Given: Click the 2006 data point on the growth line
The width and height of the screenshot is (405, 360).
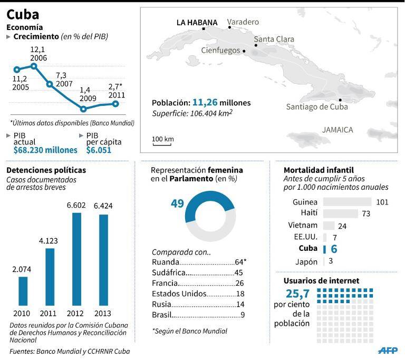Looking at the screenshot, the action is pyautogui.click(x=34, y=66).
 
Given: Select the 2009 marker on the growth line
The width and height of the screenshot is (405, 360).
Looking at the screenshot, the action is pyautogui.click(x=83, y=109).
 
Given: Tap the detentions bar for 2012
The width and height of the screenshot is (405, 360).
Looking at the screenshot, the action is pyautogui.click(x=76, y=259).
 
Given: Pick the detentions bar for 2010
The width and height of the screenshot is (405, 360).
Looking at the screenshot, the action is pyautogui.click(x=23, y=291).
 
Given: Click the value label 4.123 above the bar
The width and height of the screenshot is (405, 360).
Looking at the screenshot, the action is pyautogui.click(x=49, y=241).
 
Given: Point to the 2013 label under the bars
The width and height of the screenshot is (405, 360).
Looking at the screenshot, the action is pyautogui.click(x=102, y=313).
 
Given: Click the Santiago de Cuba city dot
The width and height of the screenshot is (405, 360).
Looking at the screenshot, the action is pyautogui.click(x=340, y=100).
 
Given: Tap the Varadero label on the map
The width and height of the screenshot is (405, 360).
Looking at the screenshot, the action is pyautogui.click(x=243, y=22).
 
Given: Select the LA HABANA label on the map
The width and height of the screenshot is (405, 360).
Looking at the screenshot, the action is pyautogui.click(x=197, y=23).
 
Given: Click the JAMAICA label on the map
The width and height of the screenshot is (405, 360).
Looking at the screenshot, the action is pyautogui.click(x=337, y=130).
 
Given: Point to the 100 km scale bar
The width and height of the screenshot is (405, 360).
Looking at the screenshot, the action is pyautogui.click(x=162, y=144).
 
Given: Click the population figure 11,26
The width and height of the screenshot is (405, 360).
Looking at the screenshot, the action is pyautogui.click(x=205, y=102).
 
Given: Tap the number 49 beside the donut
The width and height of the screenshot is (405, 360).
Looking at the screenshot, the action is pyautogui.click(x=177, y=203).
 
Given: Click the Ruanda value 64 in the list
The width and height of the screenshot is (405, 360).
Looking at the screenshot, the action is pyautogui.click(x=239, y=262).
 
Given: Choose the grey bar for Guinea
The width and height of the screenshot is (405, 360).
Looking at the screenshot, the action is pyautogui.click(x=347, y=202).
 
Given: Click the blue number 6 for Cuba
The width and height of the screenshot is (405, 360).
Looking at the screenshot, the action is pyautogui.click(x=334, y=249).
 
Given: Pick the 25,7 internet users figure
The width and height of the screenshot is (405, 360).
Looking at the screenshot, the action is pyautogui.click(x=297, y=294).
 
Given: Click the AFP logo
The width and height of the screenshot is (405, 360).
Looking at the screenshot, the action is pyautogui.click(x=388, y=350).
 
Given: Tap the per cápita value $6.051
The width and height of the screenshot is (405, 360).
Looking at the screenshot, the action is pyautogui.click(x=99, y=150).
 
